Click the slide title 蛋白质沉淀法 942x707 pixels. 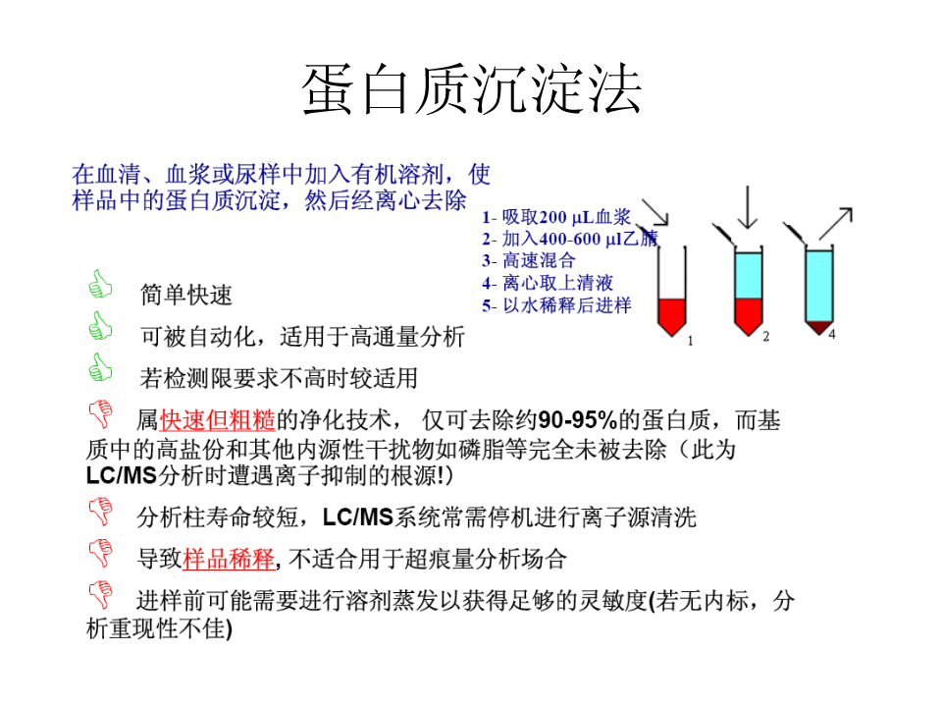click(x=472, y=89)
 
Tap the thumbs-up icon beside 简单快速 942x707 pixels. click(x=100, y=284)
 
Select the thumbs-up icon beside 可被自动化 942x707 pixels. click(x=100, y=326)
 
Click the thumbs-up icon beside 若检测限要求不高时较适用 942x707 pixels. click(x=100, y=367)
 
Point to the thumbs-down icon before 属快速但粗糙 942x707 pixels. click(x=101, y=413)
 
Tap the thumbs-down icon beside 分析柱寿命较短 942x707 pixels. click(x=101, y=512)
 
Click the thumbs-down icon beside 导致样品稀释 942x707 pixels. click(x=101, y=553)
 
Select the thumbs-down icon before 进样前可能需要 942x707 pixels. click(x=101, y=595)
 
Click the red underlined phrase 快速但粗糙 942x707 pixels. click(x=218, y=420)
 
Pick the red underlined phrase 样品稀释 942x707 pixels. click(x=229, y=559)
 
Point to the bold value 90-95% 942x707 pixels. click(x=577, y=420)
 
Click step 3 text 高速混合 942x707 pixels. click(x=539, y=261)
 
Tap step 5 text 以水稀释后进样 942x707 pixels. click(x=567, y=305)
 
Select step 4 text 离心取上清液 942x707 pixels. click(x=557, y=283)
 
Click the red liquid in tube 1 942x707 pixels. click(x=671, y=315)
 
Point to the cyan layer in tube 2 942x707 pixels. click(x=749, y=275)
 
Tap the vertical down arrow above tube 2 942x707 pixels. click(x=748, y=207)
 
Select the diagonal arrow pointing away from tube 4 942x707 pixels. click(x=836, y=224)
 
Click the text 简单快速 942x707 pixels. click(x=186, y=296)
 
